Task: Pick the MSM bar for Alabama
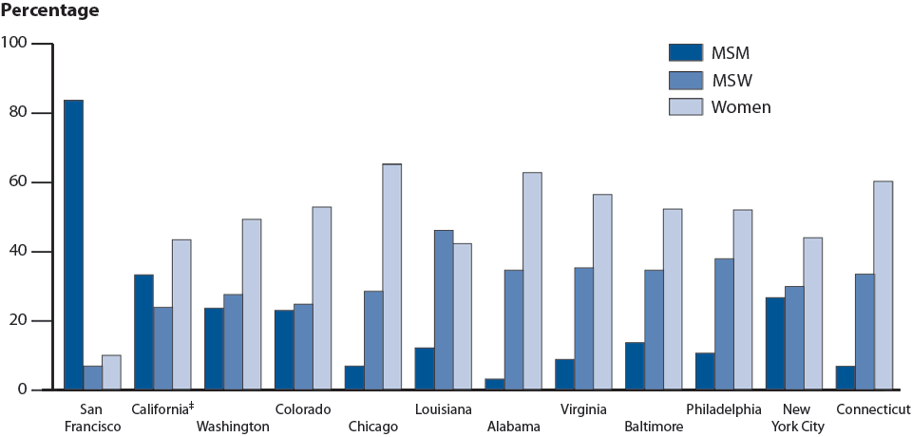tap(494, 384)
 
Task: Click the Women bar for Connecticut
tap(883, 285)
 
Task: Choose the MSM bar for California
tap(143, 332)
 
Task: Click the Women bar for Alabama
tap(532, 281)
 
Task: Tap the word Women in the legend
tap(741, 107)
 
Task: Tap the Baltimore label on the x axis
tap(655, 427)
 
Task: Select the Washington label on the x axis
tap(233, 427)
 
